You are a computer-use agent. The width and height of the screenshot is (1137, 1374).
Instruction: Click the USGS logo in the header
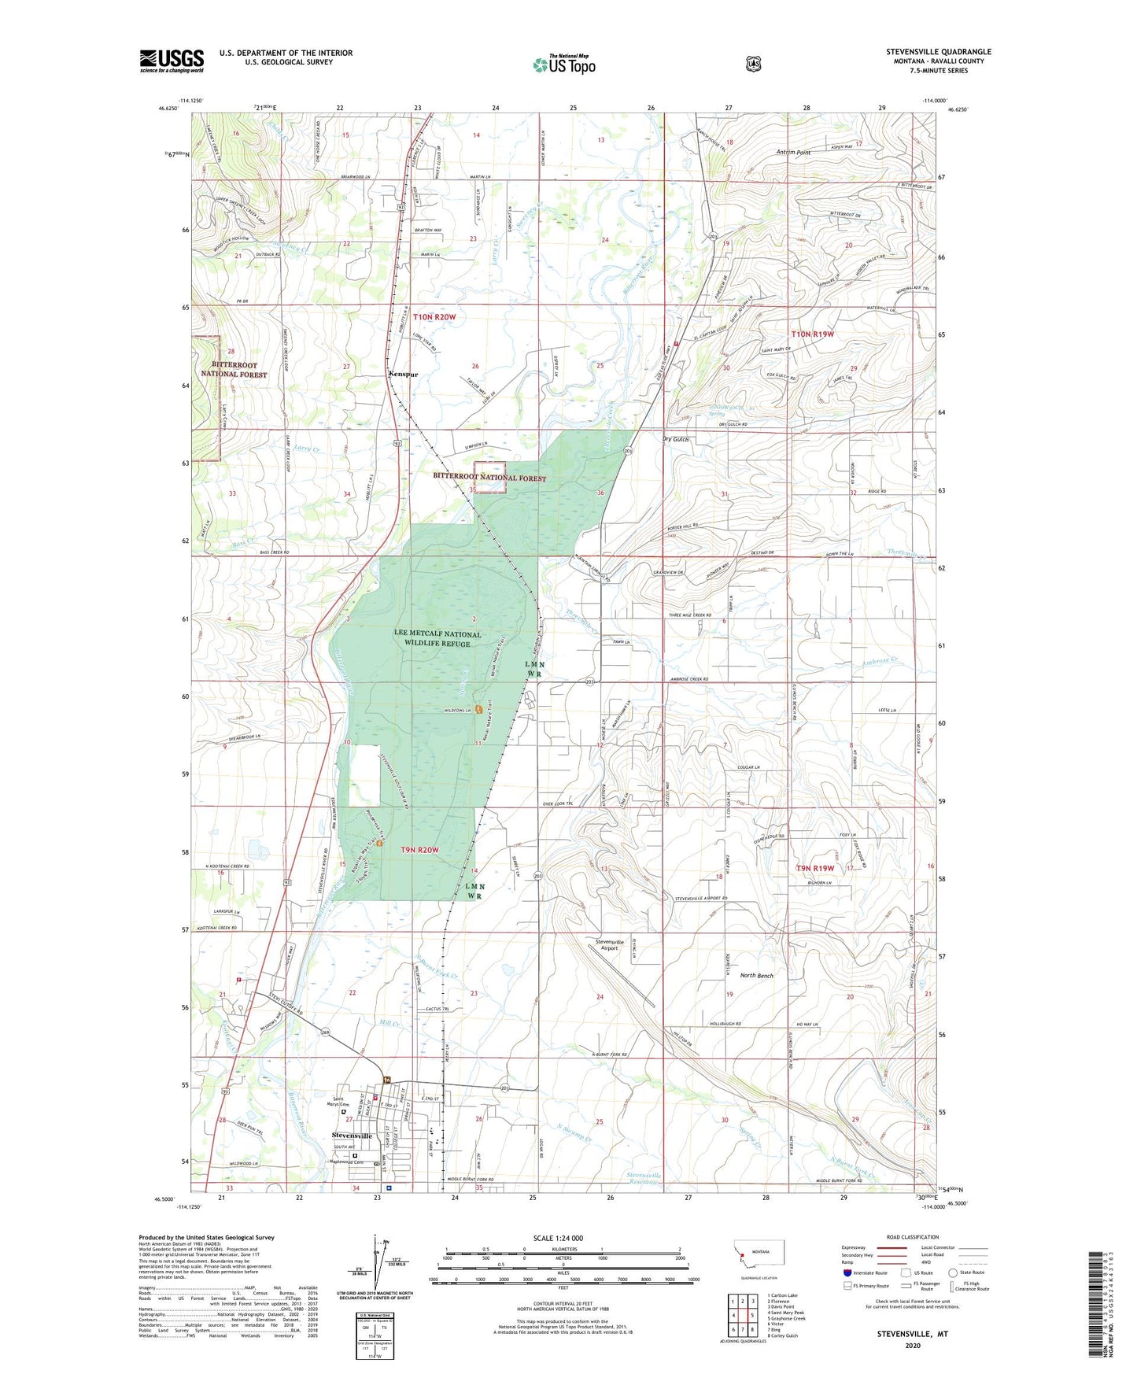[x=172, y=61]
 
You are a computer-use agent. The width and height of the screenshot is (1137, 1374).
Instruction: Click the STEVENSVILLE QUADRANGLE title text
[x=938, y=52]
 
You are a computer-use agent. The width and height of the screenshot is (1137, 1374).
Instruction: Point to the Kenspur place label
[x=402, y=374]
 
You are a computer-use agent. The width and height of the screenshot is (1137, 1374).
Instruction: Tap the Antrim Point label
[x=793, y=153]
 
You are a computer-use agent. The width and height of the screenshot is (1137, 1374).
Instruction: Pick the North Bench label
[x=757, y=976]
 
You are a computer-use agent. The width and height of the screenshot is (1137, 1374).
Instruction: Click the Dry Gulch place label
[x=676, y=440]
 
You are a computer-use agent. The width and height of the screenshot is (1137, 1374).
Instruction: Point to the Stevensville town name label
[x=352, y=1136]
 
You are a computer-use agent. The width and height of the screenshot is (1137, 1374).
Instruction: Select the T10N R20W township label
[x=434, y=316]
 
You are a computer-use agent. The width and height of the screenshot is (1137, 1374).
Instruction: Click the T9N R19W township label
[x=818, y=868]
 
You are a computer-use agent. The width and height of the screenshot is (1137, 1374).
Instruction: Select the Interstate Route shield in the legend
[x=846, y=1272]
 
